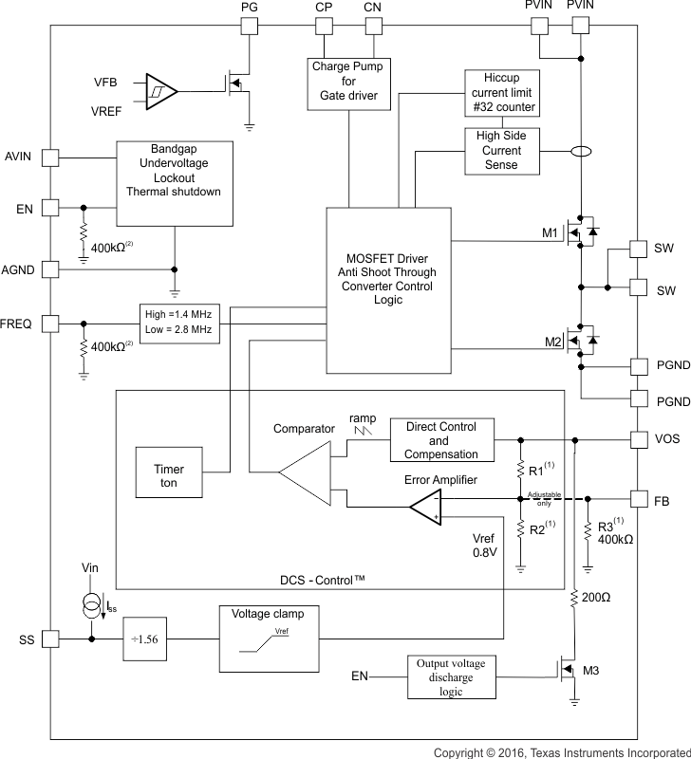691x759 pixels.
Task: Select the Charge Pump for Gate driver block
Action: pos(344,83)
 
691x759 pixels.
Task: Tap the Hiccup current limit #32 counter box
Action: pos(503,93)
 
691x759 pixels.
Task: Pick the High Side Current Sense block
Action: pos(502,151)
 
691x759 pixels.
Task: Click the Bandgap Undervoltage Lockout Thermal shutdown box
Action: pos(174,184)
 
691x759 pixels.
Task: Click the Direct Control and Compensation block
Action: pos(439,440)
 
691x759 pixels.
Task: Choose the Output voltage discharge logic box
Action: pos(453,676)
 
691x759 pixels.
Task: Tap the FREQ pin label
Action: pos(18,324)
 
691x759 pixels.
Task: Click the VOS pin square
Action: pos(641,440)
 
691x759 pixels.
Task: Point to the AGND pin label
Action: pos(18,269)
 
